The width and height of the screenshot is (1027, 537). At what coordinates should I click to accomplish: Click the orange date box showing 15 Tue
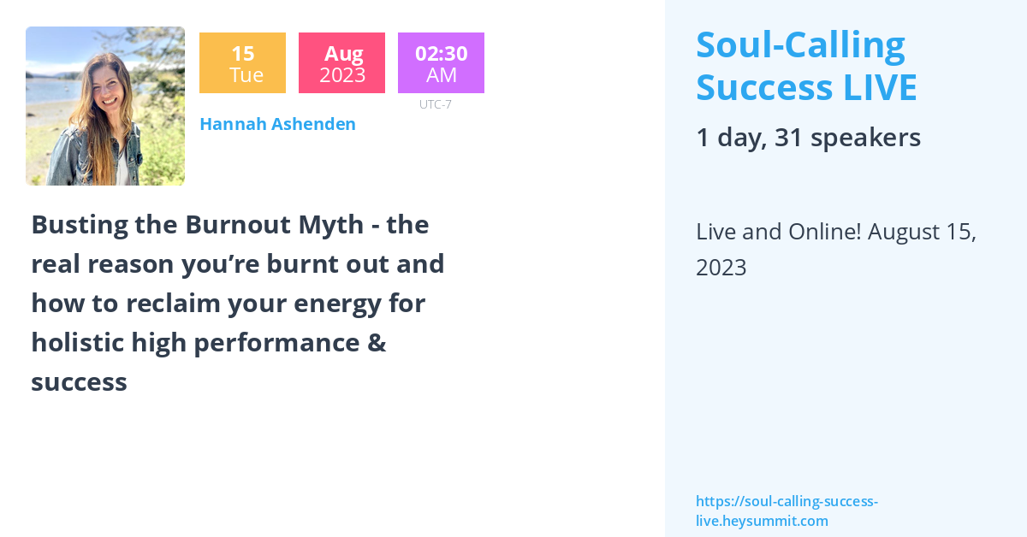tap(242, 63)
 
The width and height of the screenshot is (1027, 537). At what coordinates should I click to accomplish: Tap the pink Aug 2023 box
tap(341, 63)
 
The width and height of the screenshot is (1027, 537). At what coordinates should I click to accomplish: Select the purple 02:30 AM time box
tap(441, 63)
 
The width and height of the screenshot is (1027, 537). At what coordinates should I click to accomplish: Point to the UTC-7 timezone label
tap(435, 104)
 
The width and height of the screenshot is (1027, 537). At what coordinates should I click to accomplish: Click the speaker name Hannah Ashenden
tap(277, 124)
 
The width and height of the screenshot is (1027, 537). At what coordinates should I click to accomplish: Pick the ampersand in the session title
tap(377, 343)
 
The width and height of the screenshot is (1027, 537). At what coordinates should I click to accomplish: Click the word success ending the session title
tap(79, 382)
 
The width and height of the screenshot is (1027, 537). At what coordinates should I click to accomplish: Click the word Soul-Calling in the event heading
tap(800, 45)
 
